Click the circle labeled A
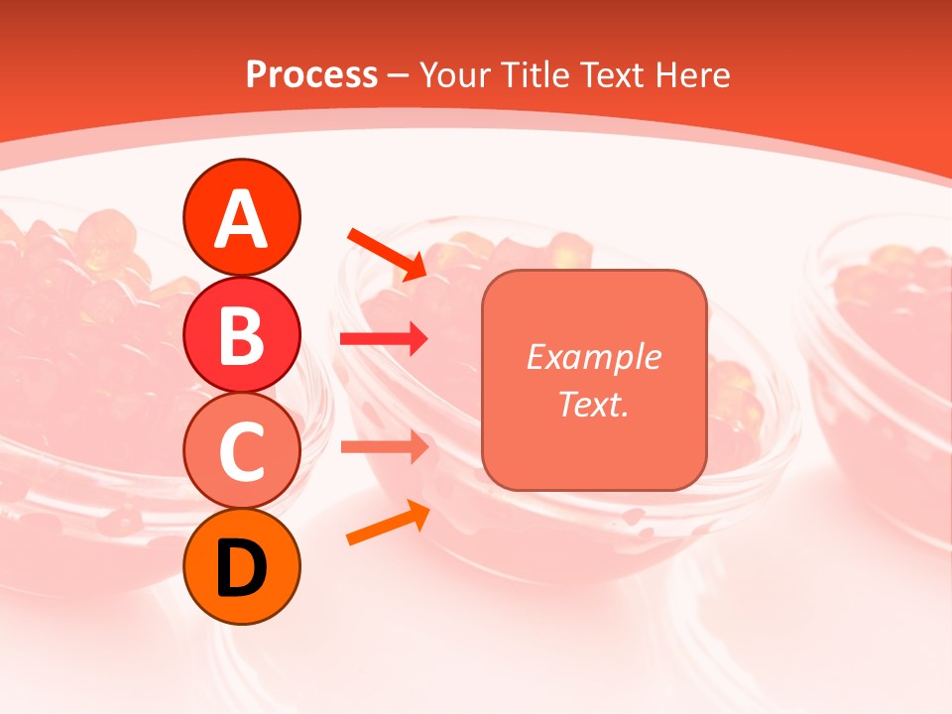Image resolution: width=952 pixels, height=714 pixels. click(241, 217)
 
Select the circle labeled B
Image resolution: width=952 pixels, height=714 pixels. click(241, 334)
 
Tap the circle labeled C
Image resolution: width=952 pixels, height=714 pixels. click(241, 451)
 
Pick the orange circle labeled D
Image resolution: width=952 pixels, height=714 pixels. click(241, 567)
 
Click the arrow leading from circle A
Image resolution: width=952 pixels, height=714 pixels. click(387, 253)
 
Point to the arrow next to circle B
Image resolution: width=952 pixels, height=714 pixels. click(384, 339)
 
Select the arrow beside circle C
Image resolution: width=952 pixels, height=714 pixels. click(384, 446)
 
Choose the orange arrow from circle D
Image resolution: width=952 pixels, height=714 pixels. click(388, 523)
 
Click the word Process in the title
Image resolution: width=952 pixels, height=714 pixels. click(311, 74)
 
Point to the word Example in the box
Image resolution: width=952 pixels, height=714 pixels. click(593, 357)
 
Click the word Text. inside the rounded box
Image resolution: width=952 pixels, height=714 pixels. click(593, 404)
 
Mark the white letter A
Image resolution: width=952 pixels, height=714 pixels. click(241, 219)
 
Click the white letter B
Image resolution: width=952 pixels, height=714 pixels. click(241, 335)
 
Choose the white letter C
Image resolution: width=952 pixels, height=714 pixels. click(241, 452)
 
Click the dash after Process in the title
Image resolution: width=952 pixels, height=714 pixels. click(398, 75)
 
